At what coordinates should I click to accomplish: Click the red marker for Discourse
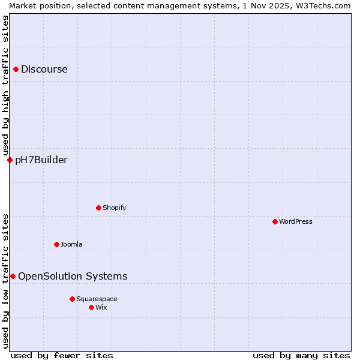pyautogui.click(x=16, y=69)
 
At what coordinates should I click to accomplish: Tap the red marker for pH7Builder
pyautogui.click(x=10, y=160)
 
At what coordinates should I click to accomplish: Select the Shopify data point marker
pyautogui.click(x=98, y=208)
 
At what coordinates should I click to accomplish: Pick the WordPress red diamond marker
pyautogui.click(x=275, y=221)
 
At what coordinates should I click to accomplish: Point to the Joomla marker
pyautogui.click(x=56, y=244)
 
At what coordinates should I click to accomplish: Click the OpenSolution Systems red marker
pyautogui.click(x=13, y=276)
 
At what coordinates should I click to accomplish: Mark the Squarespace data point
pyautogui.click(x=72, y=299)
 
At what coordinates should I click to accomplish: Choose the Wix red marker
pyautogui.click(x=91, y=307)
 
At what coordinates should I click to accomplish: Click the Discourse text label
pyautogui.click(x=44, y=69)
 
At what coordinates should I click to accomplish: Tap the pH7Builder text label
pyautogui.click(x=41, y=160)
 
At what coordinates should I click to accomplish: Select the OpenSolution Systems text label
pyautogui.click(x=73, y=276)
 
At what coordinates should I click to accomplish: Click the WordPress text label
pyautogui.click(x=296, y=221)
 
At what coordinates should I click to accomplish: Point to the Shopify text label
pyautogui.click(x=115, y=208)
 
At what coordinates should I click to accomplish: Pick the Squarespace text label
pyautogui.click(x=97, y=299)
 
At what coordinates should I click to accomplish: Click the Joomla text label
pyautogui.click(x=71, y=244)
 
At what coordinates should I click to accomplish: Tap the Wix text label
pyautogui.click(x=101, y=307)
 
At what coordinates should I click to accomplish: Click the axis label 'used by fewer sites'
pyautogui.click(x=62, y=355)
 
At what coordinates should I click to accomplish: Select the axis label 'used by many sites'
pyautogui.click(x=301, y=355)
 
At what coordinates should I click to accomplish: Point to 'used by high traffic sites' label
pyautogui.click(x=5, y=84)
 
